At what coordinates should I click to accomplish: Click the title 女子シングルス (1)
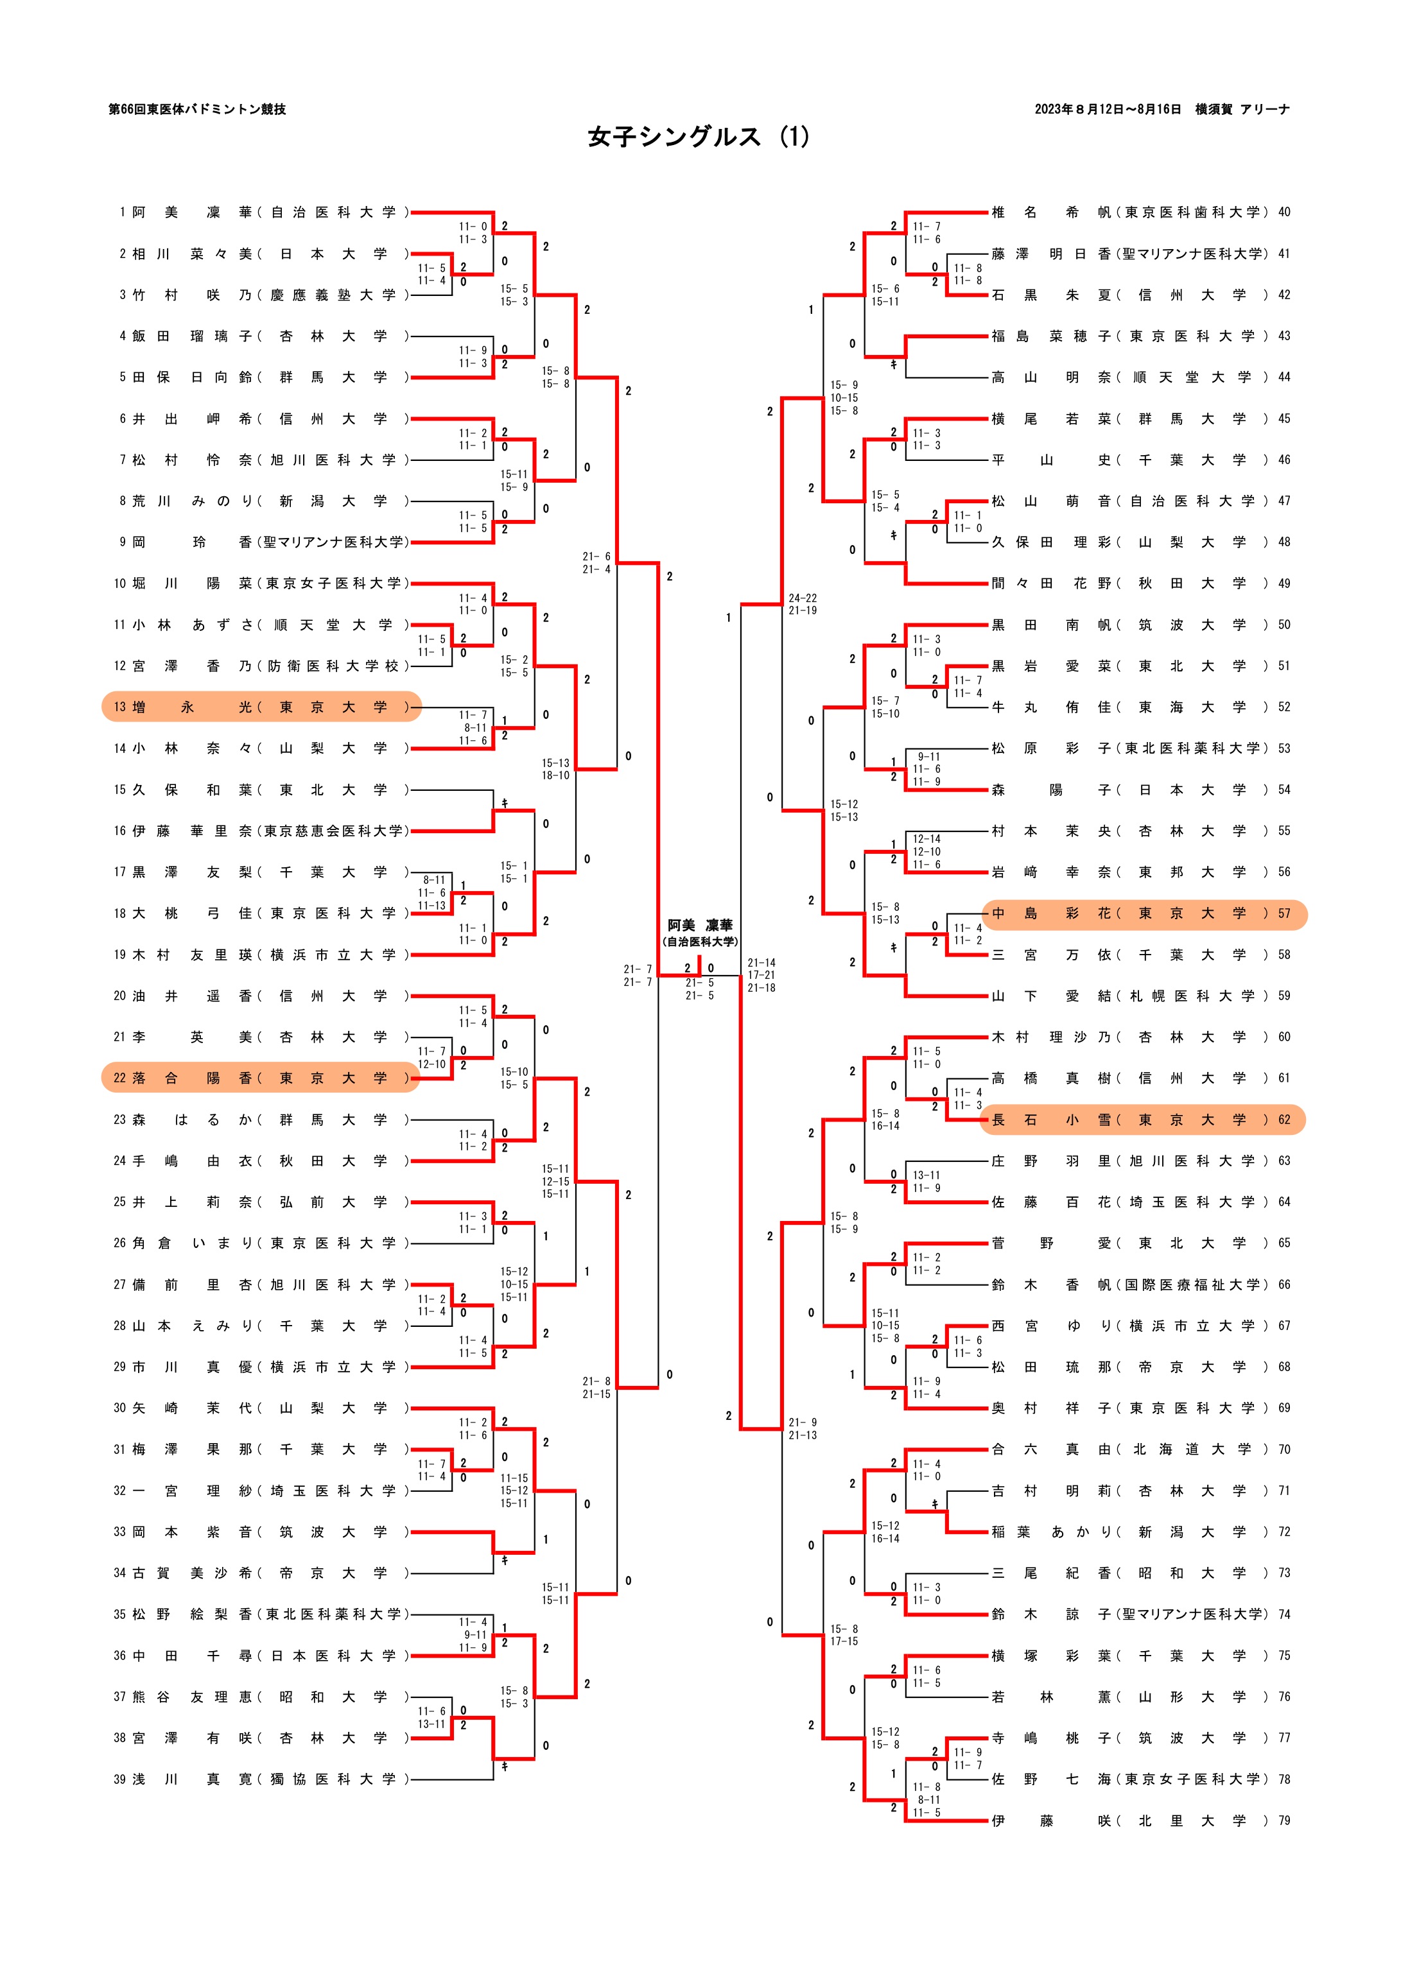pyautogui.click(x=699, y=136)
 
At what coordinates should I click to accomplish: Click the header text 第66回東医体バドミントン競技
pyautogui.click(x=197, y=110)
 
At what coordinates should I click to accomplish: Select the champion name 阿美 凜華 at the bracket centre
pyautogui.click(x=699, y=925)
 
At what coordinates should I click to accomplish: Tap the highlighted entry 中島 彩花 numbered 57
pyautogui.click(x=1144, y=913)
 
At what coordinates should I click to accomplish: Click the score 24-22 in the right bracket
pyautogui.click(x=802, y=598)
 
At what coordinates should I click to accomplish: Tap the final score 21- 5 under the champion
pyautogui.click(x=699, y=983)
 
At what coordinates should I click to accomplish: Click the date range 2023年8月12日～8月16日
pyautogui.click(x=1108, y=110)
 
